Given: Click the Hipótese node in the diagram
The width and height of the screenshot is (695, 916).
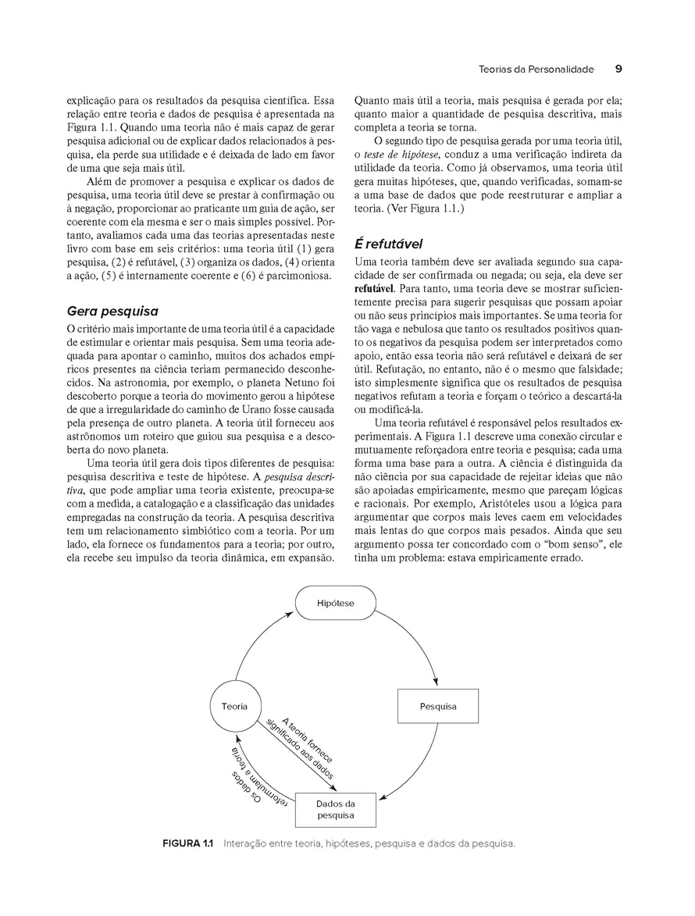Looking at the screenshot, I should pos(334,604).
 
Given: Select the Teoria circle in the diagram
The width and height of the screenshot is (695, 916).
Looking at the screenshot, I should pos(234,706).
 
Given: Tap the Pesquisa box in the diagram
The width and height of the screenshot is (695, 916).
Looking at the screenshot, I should pos(437,707).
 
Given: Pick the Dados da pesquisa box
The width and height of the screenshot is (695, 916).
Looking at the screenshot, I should pos(336,809).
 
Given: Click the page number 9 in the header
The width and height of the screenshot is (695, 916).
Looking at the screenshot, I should pos(618,69).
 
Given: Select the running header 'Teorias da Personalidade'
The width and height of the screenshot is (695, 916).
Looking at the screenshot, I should pos(536,70).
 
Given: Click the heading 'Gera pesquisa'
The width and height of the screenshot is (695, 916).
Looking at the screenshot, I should pos(112,311).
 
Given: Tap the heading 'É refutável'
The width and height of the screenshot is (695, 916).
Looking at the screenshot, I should pos(389,243).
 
